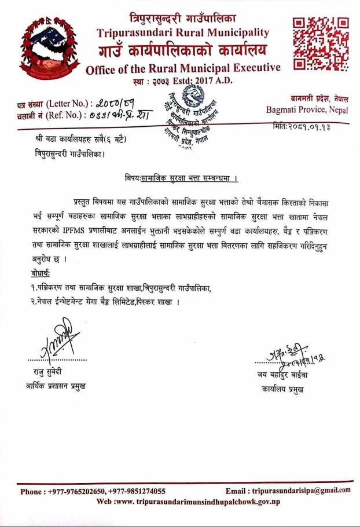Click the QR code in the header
(x=319, y=43)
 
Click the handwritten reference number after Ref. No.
(x=110, y=114)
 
